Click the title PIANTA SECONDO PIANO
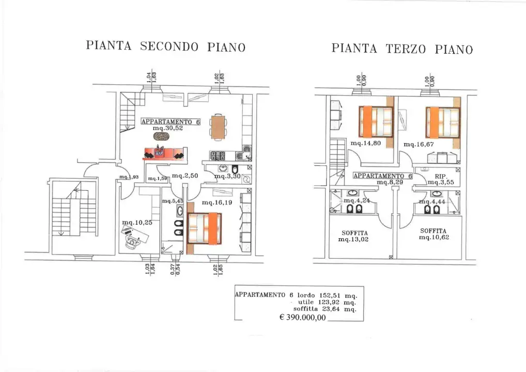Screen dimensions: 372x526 (x=165, y=47)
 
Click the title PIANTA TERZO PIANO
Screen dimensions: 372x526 (x=402, y=49)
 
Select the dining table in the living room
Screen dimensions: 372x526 (x=218, y=127)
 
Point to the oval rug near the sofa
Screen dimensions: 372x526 (x=162, y=136)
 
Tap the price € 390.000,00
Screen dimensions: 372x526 (x=302, y=318)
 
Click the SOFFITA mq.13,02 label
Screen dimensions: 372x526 (x=354, y=237)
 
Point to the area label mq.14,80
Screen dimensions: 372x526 (x=365, y=144)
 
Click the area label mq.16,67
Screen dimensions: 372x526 (x=419, y=144)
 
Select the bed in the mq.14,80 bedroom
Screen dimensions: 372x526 (x=376, y=121)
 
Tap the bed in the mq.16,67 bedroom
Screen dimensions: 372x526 (x=442, y=122)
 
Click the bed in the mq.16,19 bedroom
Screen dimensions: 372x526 (x=204, y=228)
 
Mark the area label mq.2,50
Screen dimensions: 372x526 (x=185, y=176)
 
